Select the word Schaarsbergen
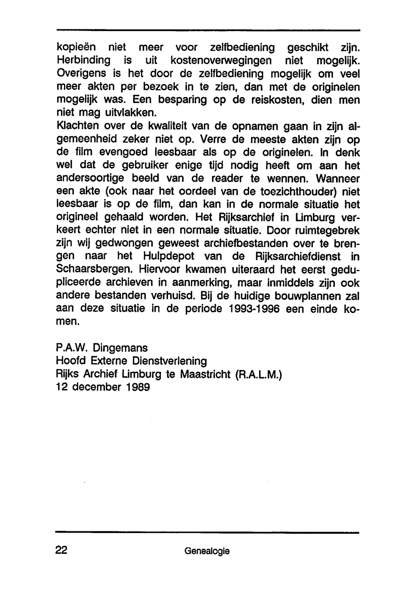click(x=96, y=270)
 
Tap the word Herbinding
click(x=83, y=60)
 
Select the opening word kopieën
click(x=77, y=48)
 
